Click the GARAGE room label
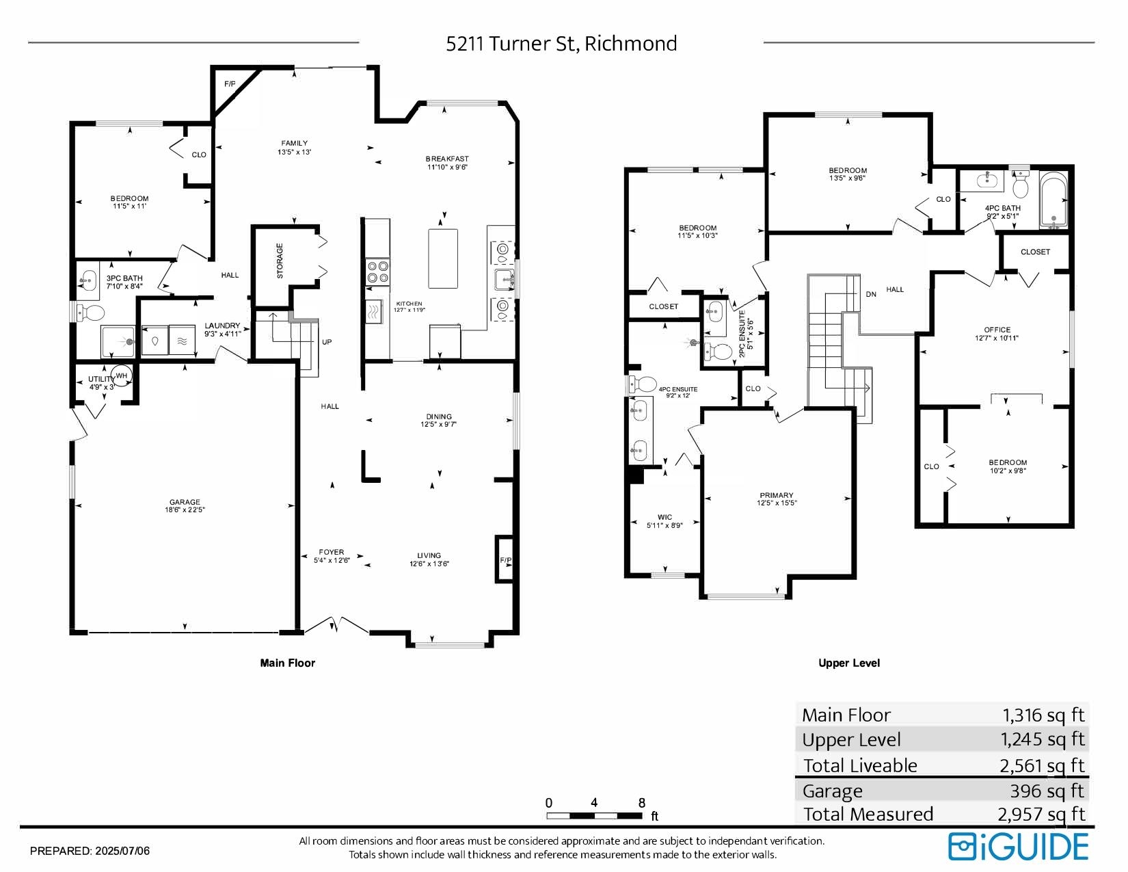pyautogui.click(x=185, y=502)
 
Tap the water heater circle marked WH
pyautogui.click(x=122, y=376)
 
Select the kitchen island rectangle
pyautogui.click(x=443, y=259)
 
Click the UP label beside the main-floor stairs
pyautogui.click(x=327, y=342)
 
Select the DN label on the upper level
pyautogui.click(x=871, y=294)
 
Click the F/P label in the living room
pyautogui.click(x=506, y=560)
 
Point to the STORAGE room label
pyautogui.click(x=280, y=261)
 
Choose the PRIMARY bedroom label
pyautogui.click(x=777, y=495)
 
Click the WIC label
pyautogui.click(x=665, y=517)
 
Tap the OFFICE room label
pyautogui.click(x=997, y=329)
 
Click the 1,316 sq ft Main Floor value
pyautogui.click(x=1043, y=715)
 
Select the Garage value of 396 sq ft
pyautogui.click(x=1047, y=791)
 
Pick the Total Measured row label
pyautogui.click(x=868, y=814)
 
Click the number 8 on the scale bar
pyautogui.click(x=642, y=802)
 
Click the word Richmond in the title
pyautogui.click(x=631, y=44)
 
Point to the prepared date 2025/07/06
pyautogui.click(x=122, y=851)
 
